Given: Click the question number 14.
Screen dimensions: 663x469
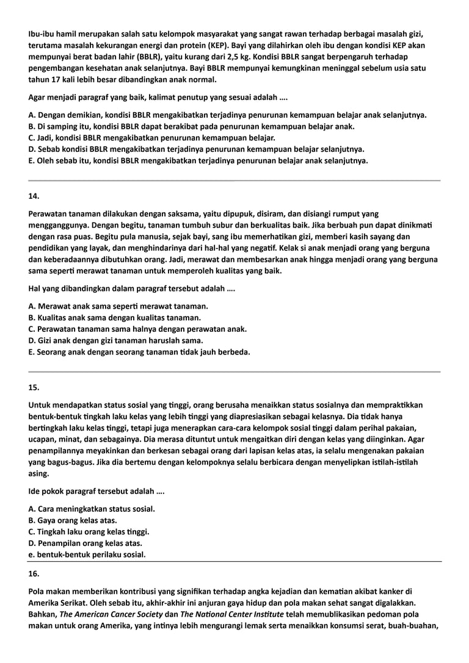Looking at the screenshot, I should (34, 196).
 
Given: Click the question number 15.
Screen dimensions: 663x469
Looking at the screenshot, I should (34, 387).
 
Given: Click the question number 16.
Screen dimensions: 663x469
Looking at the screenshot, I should (34, 574).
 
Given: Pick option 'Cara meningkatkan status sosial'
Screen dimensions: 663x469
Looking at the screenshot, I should (92, 509).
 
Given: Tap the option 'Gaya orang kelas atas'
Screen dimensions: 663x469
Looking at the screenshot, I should (73, 520).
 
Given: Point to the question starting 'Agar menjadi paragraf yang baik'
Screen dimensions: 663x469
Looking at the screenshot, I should (158, 97).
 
